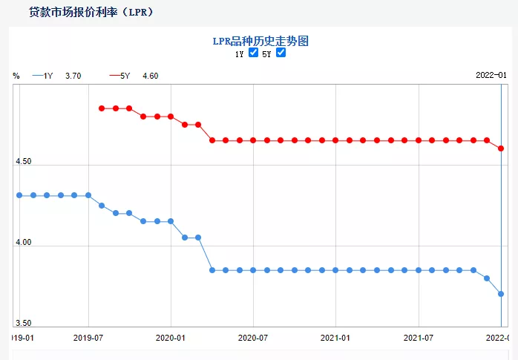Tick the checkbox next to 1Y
pos(253,53)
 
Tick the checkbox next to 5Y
pos(281,53)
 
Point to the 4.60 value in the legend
pos(150,76)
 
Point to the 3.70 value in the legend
pos(73,76)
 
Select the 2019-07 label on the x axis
pos(88,338)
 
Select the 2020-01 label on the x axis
pos(171,338)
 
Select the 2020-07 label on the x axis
pos(253,338)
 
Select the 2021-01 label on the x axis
pos(335,338)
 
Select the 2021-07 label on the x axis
pos(418,338)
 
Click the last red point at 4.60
pos(501,148)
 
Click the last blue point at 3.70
pos(501,294)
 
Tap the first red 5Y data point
pos(102,108)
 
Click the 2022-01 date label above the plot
pos(491,75)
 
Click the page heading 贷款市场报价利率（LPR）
pos(91,13)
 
